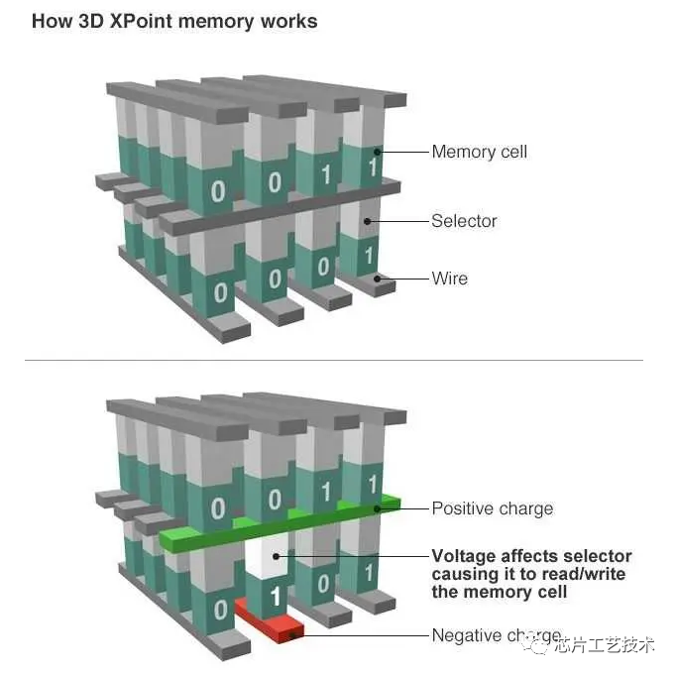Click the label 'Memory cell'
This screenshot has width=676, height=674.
coord(479,152)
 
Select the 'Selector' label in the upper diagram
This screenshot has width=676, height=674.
coord(464,221)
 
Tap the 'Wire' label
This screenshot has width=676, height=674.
coord(449,279)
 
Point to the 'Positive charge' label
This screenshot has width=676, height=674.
coord(492,508)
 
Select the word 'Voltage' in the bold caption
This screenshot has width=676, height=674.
coord(466,556)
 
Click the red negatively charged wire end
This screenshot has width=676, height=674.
coord(270,621)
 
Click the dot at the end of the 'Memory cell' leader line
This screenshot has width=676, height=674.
coord(378,152)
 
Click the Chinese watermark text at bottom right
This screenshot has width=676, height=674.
coord(604,645)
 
